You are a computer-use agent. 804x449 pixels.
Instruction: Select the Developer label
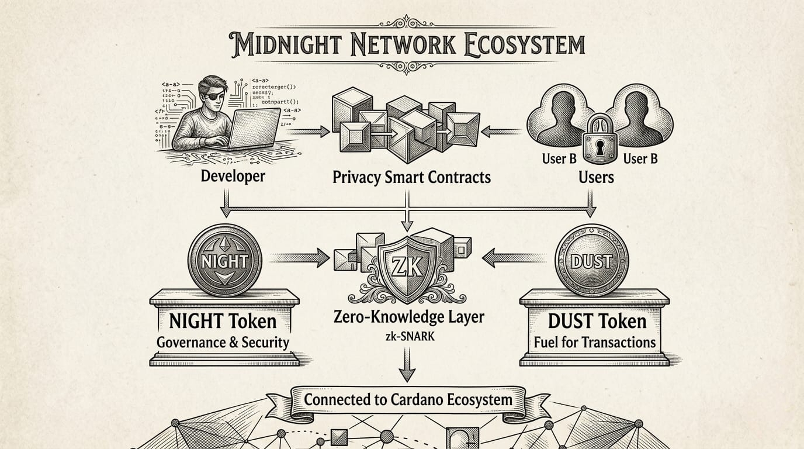[x=233, y=175]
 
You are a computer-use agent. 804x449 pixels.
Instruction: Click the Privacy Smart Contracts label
[x=411, y=177]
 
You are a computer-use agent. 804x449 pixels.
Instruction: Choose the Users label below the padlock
[x=596, y=177]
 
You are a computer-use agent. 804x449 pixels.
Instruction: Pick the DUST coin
[x=592, y=261]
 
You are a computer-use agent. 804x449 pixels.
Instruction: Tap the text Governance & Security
[x=223, y=341]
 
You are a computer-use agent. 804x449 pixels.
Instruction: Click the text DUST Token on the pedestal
[x=597, y=321]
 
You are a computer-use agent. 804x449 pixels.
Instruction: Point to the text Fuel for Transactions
[x=595, y=341]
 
